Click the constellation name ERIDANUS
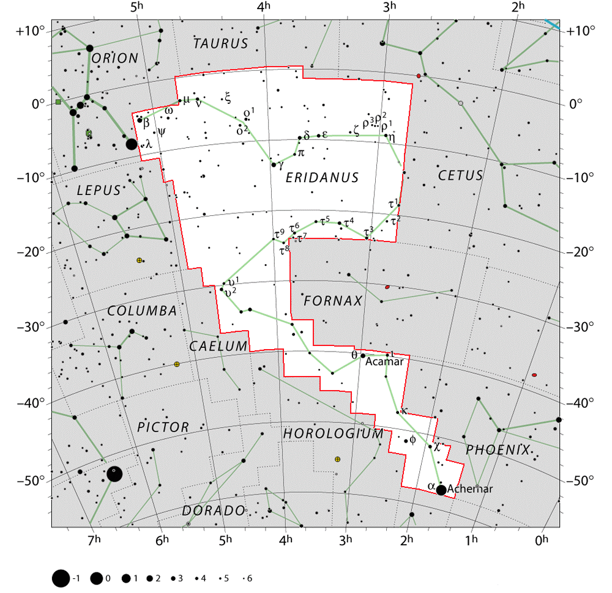click(x=322, y=178)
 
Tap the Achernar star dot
click(x=441, y=490)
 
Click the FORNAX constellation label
click(x=334, y=301)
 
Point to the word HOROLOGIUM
click(x=333, y=433)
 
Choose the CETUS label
click(x=460, y=175)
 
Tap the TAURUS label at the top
click(x=221, y=43)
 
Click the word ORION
click(x=115, y=59)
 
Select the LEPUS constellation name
click(x=99, y=191)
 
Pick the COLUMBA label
click(x=142, y=311)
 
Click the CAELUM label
click(x=218, y=347)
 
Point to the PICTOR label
click(x=163, y=427)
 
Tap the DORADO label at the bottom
click(x=213, y=510)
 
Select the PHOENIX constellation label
click(x=498, y=450)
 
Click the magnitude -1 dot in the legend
click(x=60, y=578)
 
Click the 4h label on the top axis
click(x=263, y=8)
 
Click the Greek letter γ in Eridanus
click(x=281, y=165)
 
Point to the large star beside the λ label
click(x=132, y=144)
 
